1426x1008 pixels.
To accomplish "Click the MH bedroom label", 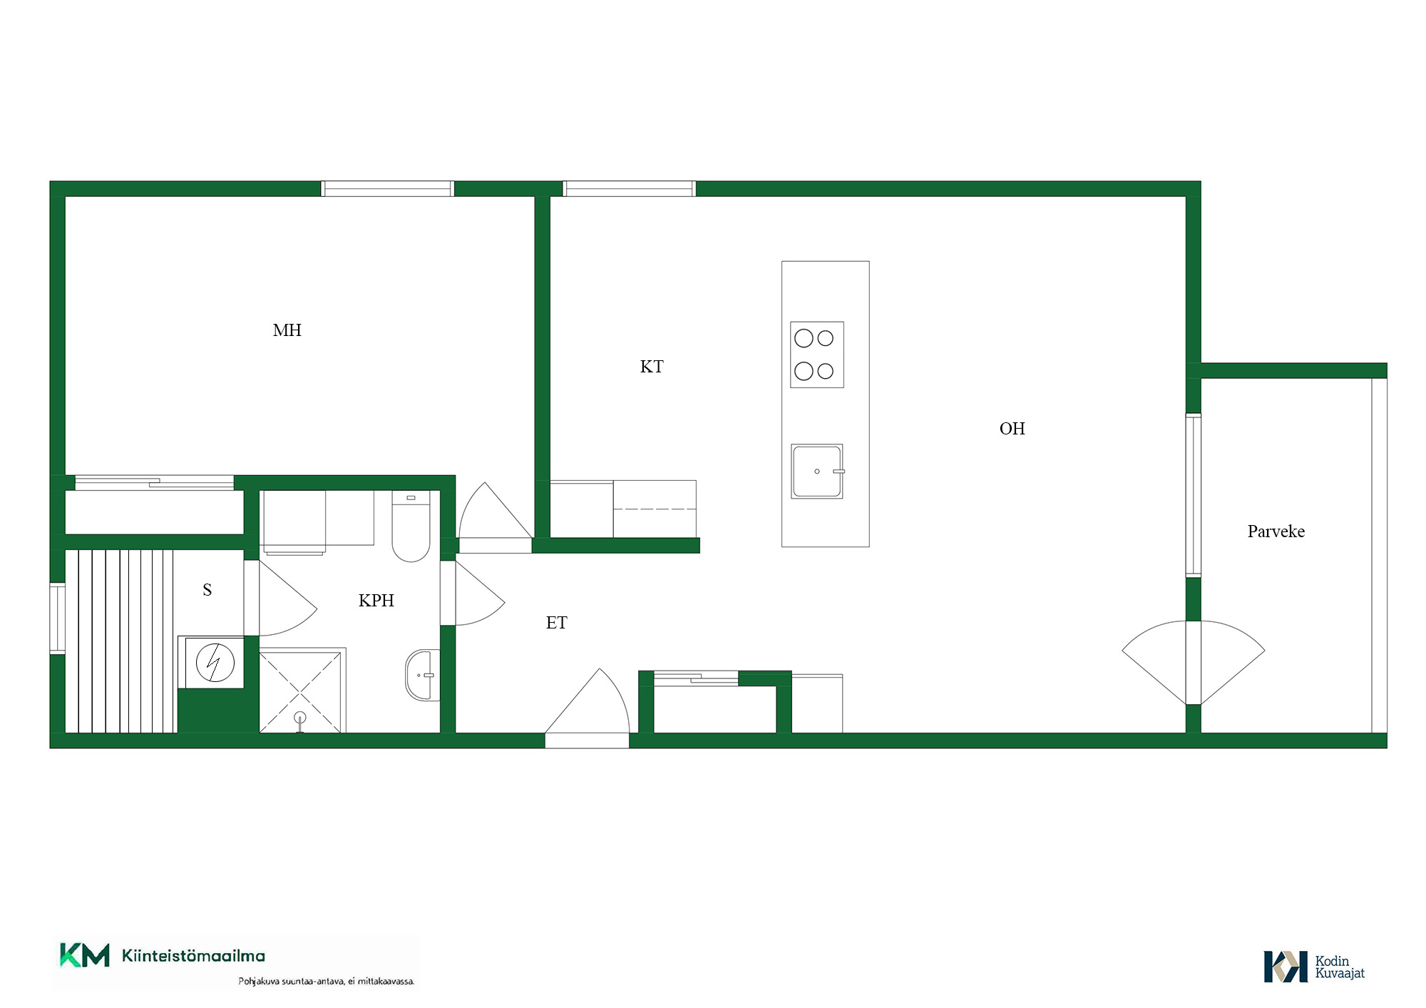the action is pyautogui.click(x=287, y=330).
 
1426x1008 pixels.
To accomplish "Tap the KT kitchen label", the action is pyautogui.click(x=652, y=367).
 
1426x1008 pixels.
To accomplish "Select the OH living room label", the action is pyautogui.click(x=1012, y=429).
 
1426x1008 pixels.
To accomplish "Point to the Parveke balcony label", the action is pyautogui.click(x=1276, y=531).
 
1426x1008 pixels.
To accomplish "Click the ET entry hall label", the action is pyautogui.click(x=556, y=623).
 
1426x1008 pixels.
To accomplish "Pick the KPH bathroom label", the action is pyautogui.click(x=376, y=601).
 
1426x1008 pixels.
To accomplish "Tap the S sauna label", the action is pyautogui.click(x=207, y=590).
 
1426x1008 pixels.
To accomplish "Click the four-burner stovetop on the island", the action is pyautogui.click(x=817, y=355).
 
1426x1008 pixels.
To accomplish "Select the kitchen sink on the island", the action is pyautogui.click(x=817, y=471).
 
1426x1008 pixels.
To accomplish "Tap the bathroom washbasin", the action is pyautogui.click(x=423, y=675).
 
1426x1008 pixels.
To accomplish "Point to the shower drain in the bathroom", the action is pyautogui.click(x=300, y=718).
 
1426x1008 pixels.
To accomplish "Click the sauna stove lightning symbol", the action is pyautogui.click(x=215, y=663).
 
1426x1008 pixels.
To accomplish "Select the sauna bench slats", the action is pyautogui.click(x=120, y=641).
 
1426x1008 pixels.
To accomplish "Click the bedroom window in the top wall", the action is pyautogui.click(x=387, y=189).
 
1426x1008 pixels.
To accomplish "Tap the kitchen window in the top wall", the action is pyautogui.click(x=629, y=189).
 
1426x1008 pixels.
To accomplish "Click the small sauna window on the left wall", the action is pyautogui.click(x=57, y=618).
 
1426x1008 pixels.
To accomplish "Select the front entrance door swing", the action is pyautogui.click(x=588, y=701).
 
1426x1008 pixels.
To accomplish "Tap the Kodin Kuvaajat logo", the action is pyautogui.click(x=1314, y=967).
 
